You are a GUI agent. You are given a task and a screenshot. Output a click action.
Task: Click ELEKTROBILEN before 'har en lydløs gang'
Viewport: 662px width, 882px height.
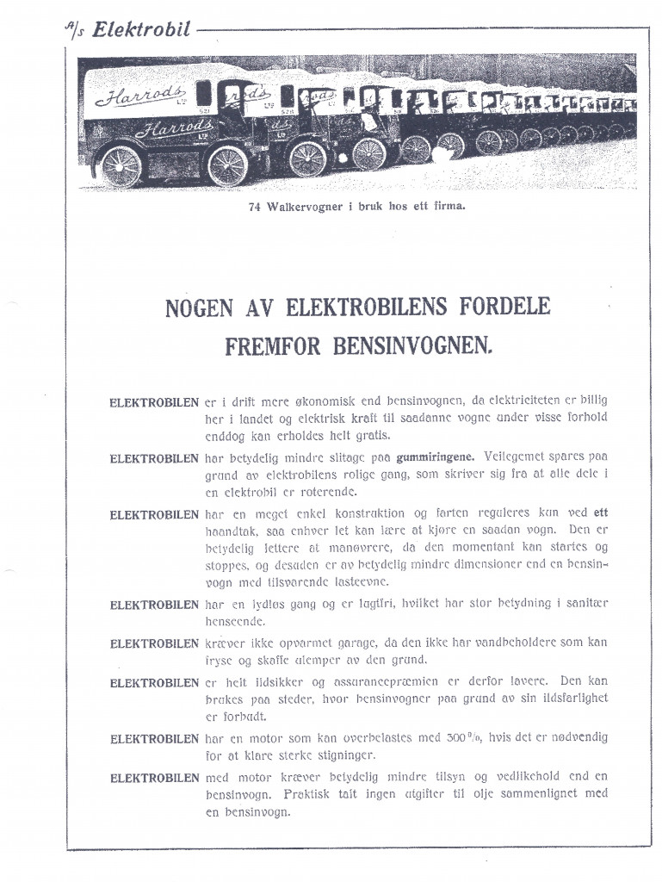[154, 605]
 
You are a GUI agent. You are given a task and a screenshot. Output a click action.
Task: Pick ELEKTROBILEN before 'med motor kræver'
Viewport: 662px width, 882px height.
[154, 779]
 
